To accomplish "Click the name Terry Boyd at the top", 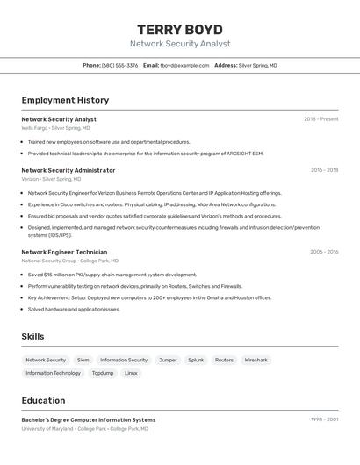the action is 180,29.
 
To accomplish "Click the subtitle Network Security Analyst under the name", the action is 180,44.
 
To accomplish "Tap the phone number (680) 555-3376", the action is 120,65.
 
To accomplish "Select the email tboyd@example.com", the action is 184,65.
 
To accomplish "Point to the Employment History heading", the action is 65,100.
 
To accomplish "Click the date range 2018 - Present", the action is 320,119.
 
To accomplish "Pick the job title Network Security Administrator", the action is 68,170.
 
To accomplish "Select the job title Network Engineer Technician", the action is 64,252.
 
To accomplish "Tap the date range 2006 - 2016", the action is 324,252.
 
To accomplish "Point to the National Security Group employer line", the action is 69,261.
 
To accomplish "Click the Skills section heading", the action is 32,336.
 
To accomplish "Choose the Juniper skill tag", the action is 168,360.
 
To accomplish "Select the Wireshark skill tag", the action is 256,360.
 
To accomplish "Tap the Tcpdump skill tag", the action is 103,373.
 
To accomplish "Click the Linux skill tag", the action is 131,373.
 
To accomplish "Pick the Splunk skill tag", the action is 196,360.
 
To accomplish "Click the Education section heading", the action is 43,400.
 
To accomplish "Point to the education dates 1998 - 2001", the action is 325,419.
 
